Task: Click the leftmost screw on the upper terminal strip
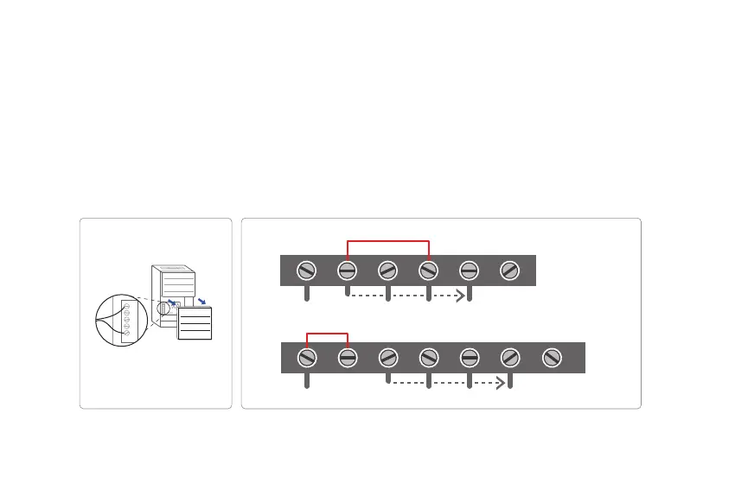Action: tap(307, 270)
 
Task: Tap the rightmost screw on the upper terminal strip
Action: tap(510, 270)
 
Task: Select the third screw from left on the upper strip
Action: tap(388, 270)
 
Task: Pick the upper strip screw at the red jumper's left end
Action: tap(348, 270)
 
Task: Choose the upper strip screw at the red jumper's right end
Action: tap(429, 270)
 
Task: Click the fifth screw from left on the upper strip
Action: tap(470, 270)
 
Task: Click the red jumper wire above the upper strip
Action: tap(388, 240)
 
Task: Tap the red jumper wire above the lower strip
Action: tap(327, 334)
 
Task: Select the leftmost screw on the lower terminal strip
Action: tap(307, 357)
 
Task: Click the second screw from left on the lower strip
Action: tap(348, 357)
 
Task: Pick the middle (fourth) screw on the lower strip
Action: tap(429, 357)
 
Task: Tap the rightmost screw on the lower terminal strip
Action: tap(551, 357)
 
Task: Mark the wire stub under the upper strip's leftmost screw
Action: tap(307, 294)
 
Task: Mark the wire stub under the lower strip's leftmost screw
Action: tap(307, 381)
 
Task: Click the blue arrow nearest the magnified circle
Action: tap(176, 303)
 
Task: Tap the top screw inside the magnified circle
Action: tap(126, 306)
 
